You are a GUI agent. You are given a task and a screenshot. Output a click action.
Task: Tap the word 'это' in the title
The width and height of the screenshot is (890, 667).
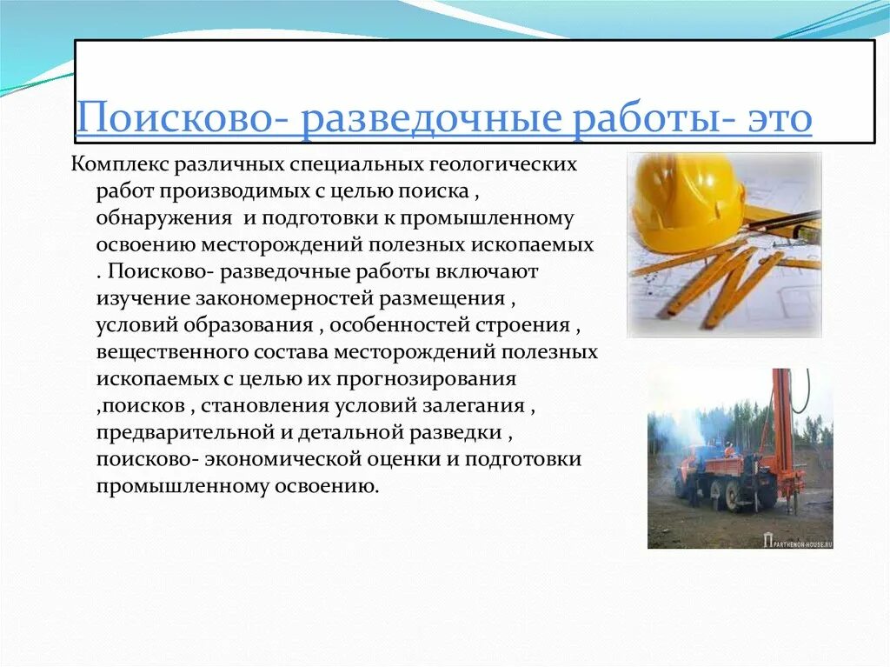[x=780, y=119]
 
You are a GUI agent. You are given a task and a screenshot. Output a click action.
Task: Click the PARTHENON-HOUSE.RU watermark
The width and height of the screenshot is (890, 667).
[x=797, y=541]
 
